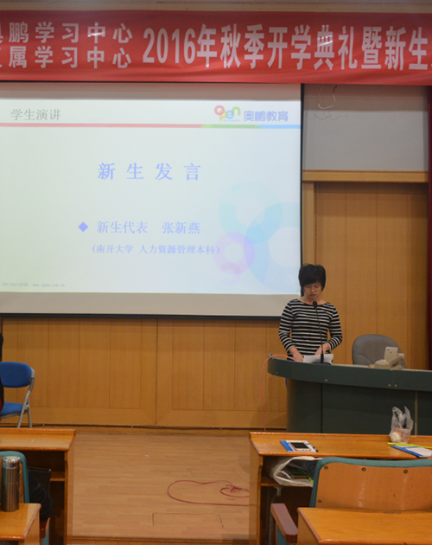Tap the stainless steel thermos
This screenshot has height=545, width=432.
point(10,483)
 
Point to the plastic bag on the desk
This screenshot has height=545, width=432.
point(400,424)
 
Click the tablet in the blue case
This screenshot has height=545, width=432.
point(298,446)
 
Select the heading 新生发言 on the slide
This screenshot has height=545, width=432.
point(149,171)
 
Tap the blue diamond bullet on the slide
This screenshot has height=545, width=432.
point(83,227)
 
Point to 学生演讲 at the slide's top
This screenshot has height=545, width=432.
point(35,113)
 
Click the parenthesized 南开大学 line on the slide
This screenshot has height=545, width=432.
point(156,249)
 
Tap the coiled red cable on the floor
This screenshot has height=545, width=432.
point(207,491)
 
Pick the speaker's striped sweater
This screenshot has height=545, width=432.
point(308,327)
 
